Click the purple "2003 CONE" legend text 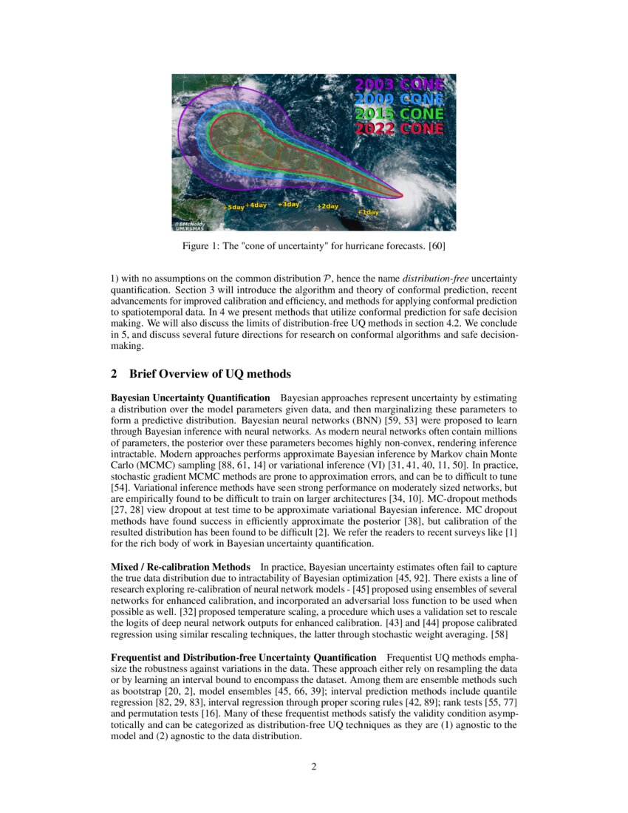pos(399,84)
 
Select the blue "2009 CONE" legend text pos(399,99)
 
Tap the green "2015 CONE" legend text pos(399,114)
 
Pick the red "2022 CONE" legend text pos(399,129)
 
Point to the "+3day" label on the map pos(288,204)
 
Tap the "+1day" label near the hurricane pos(368,212)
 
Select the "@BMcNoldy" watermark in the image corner pos(189,224)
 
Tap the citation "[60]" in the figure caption pos(436,245)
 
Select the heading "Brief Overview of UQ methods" pos(211,373)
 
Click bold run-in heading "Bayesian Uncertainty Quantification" pos(190,398)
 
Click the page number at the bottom pos(314,766)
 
